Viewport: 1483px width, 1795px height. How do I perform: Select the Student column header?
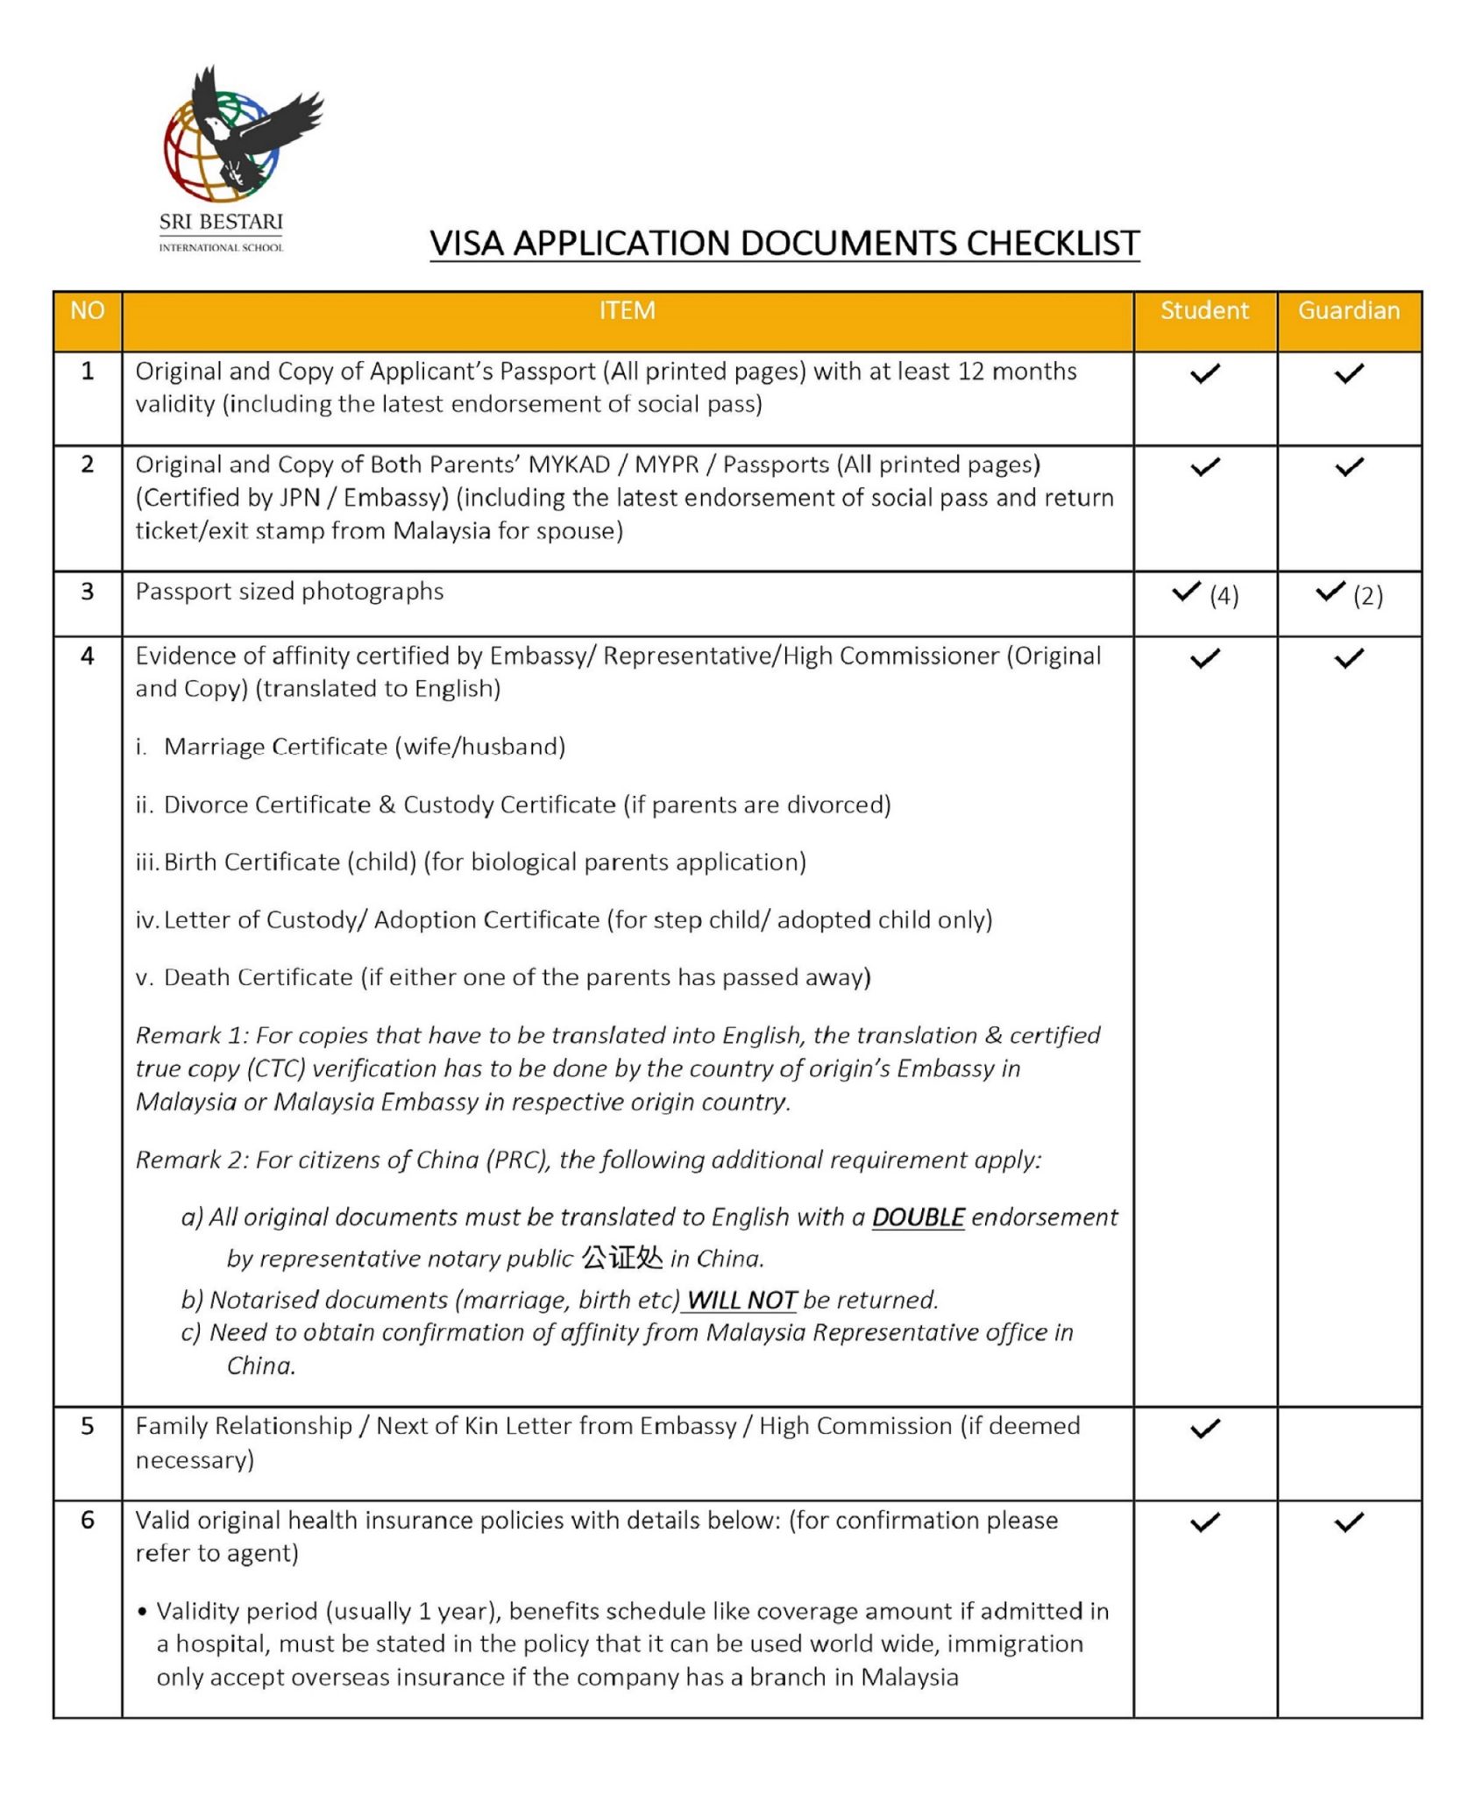(x=1204, y=311)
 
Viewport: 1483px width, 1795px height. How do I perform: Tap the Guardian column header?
(x=1348, y=311)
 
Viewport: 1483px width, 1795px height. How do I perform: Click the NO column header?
(x=87, y=311)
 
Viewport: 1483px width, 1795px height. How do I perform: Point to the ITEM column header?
(x=627, y=311)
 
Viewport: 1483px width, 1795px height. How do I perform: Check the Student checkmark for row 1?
(x=1205, y=373)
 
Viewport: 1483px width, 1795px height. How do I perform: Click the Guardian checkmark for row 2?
(x=1349, y=467)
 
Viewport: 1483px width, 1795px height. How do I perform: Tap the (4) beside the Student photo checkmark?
(x=1224, y=596)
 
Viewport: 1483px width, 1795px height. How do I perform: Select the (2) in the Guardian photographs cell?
(x=1367, y=596)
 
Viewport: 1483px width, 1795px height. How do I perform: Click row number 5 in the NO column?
(x=87, y=1426)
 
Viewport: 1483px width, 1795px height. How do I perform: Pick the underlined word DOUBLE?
(x=918, y=1217)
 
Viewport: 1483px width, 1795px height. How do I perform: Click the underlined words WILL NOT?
(x=741, y=1300)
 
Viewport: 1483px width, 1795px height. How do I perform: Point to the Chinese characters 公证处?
(x=622, y=1259)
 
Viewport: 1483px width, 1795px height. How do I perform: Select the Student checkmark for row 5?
(x=1205, y=1429)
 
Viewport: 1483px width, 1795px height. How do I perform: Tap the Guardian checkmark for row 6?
(x=1349, y=1522)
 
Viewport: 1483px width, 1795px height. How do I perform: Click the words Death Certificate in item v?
(x=258, y=977)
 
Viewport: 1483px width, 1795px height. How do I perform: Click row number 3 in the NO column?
(x=87, y=592)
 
